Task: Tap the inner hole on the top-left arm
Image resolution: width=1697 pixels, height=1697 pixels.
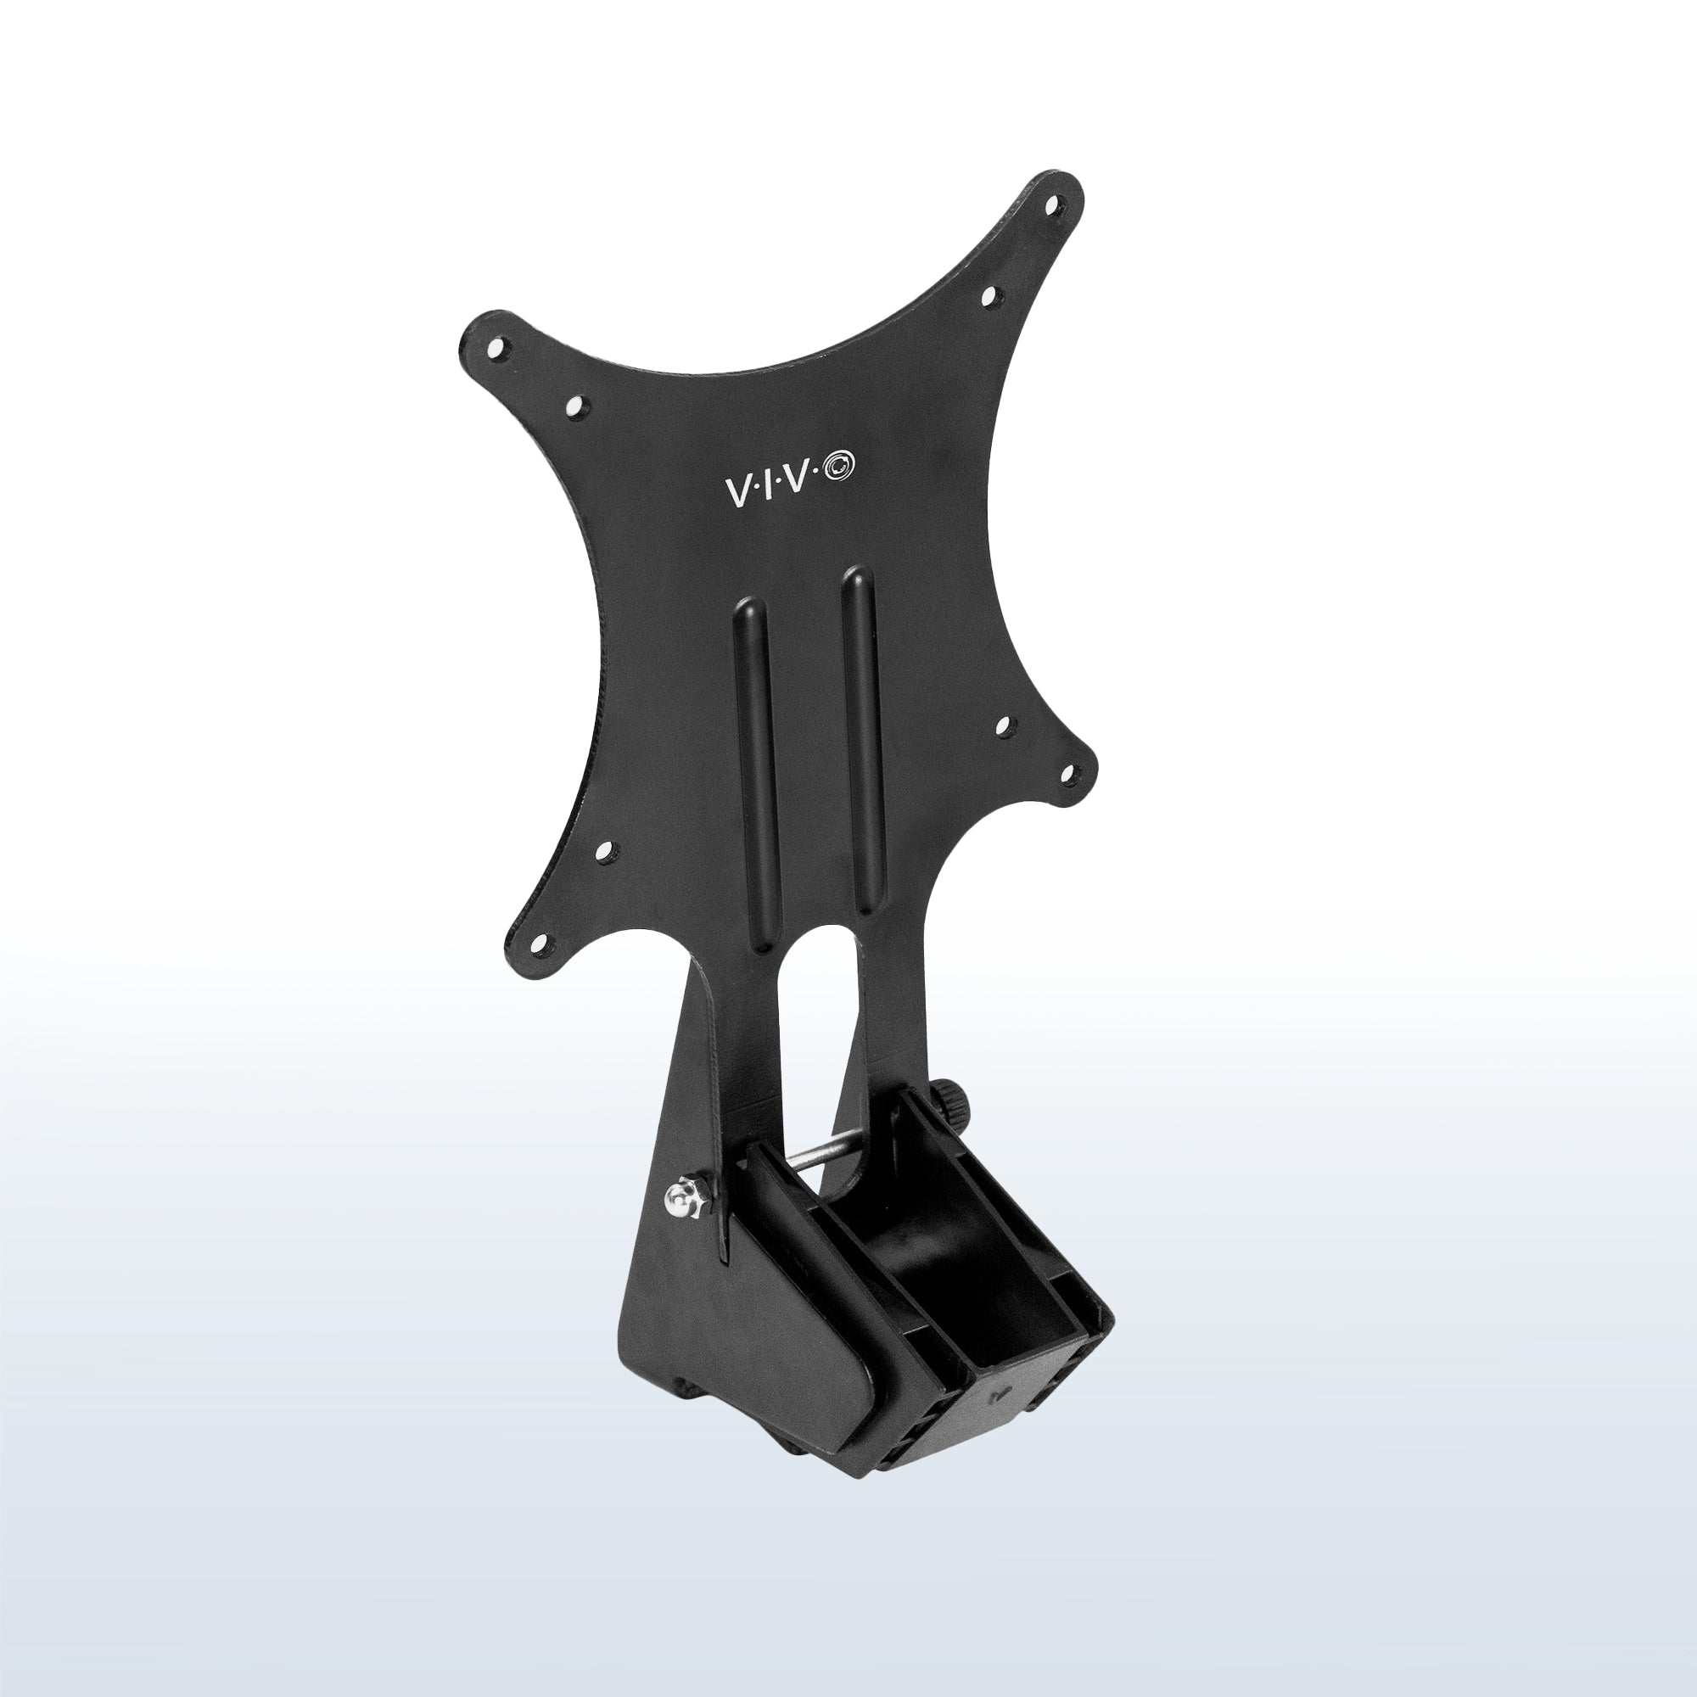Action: click(x=576, y=406)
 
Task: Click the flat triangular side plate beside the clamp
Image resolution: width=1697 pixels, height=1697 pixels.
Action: click(x=676, y=1318)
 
